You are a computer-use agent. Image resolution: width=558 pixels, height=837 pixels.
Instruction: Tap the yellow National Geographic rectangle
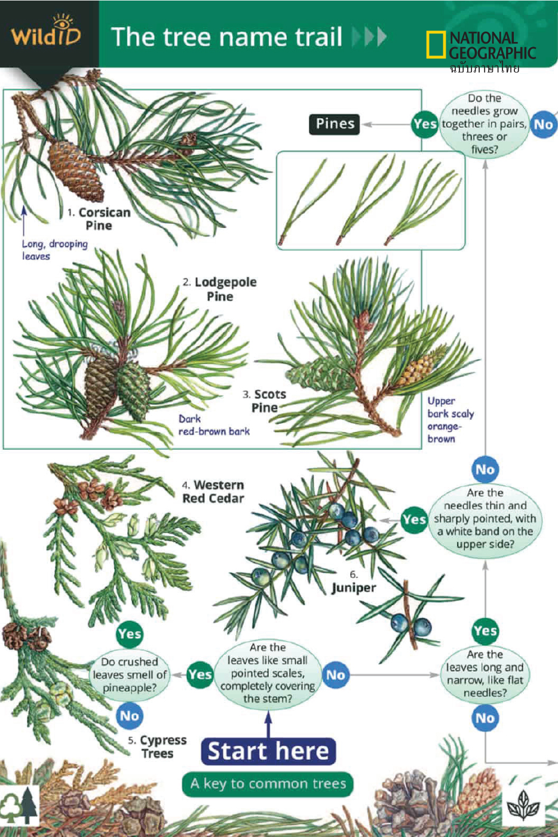436,44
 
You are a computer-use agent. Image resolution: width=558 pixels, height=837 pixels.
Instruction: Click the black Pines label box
335,124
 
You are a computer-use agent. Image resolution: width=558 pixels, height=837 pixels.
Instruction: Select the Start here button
268,751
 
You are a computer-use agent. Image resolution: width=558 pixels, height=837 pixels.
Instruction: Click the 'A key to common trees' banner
268,783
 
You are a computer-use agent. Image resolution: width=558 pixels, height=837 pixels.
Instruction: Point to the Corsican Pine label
99,219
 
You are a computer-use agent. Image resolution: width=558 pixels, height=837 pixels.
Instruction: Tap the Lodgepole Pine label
220,289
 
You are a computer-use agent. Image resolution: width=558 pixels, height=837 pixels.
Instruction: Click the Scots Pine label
265,401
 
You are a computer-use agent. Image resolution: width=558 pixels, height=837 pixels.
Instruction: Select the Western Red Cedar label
213,492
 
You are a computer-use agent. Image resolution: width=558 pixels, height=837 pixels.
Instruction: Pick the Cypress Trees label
158,747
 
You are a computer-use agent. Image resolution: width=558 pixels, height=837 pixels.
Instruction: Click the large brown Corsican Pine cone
76,171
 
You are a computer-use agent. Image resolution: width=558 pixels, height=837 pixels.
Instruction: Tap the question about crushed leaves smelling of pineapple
130,675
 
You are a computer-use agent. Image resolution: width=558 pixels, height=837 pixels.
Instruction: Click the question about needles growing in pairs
485,124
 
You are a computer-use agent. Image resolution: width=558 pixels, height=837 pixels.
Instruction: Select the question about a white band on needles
485,518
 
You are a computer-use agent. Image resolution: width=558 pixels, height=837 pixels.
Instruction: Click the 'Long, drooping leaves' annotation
54,250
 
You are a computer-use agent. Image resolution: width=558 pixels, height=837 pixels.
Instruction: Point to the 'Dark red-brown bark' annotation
214,425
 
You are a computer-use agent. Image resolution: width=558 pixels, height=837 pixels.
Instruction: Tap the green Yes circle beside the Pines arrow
425,124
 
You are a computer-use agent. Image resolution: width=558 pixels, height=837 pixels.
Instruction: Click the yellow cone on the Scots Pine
419,367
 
